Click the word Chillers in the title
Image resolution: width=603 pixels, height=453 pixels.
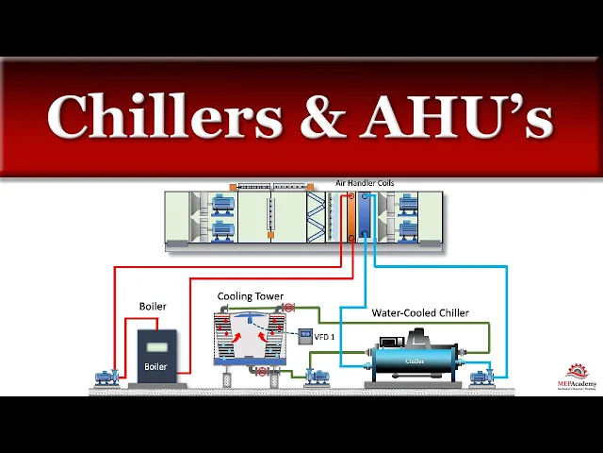165,117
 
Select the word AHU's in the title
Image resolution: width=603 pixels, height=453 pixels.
457,117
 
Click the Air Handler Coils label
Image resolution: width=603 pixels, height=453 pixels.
365,183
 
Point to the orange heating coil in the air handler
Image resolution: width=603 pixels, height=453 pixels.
350,218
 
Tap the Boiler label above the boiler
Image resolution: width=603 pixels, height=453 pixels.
153,307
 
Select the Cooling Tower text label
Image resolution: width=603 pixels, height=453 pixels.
251,296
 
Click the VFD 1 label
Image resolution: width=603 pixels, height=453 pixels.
324,336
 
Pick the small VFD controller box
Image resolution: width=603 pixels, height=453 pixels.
304,335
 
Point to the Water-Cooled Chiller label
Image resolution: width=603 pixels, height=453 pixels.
420,312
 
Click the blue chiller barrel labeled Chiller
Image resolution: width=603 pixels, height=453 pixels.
415,361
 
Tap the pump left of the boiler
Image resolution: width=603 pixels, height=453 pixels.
106,377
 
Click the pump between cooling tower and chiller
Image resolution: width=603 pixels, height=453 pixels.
315,377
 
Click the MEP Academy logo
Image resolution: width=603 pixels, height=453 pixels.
577,375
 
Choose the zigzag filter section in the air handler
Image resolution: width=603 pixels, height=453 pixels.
315,218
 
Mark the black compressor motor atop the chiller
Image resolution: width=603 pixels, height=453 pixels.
415,339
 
